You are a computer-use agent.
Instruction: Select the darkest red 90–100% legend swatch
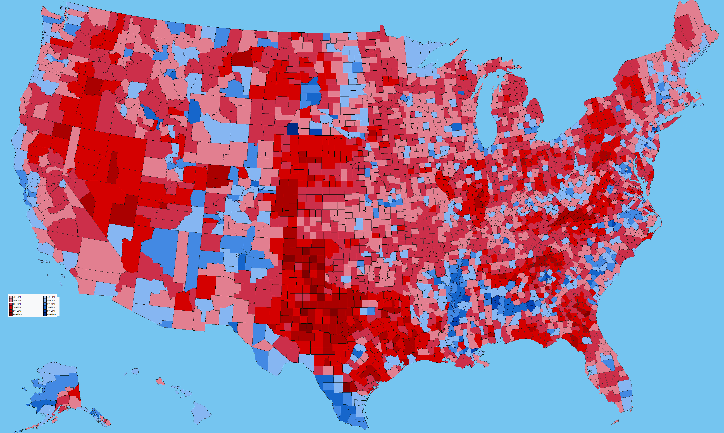coord(11,314)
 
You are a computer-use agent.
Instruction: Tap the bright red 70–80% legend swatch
coord(11,307)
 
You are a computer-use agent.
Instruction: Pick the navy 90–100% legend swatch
coord(45,314)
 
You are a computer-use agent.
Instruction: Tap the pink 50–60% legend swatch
coord(11,300)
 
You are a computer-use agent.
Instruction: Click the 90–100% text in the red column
coord(18,314)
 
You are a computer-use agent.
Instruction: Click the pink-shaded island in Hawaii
coord(160,381)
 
